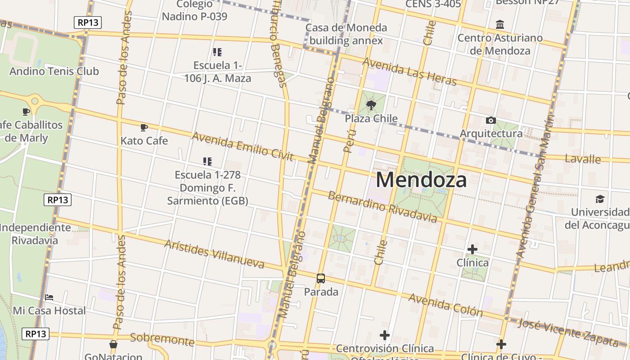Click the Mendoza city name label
pos(421,180)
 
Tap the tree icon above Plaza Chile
pos(371,106)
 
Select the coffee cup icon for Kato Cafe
pos(144,128)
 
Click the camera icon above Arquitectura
pos(491,120)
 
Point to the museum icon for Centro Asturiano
pos(499,24)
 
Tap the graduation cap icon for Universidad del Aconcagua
pos(600,199)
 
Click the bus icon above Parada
pos(321,279)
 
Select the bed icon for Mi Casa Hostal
pos(49,297)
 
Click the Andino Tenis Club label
pos(54,71)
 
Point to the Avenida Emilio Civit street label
pos(243,146)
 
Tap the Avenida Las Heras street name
pos(409,72)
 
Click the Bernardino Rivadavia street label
pos(382,207)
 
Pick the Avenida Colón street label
pos(445,305)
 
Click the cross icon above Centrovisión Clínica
pos(384,335)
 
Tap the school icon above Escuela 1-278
pos(207,161)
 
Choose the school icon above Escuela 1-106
pos(217,52)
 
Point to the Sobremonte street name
pos(162,340)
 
